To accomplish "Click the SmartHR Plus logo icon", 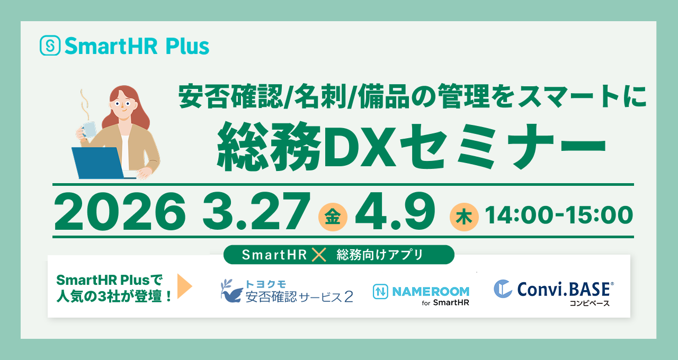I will [50, 46].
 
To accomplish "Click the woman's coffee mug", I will [88, 129].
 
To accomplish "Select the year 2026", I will [120, 211].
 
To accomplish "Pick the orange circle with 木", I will [463, 217].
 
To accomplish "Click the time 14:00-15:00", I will [558, 215].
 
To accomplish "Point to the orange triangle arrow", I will [184, 286].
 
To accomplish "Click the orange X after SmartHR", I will [319, 255].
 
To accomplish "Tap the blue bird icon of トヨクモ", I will [231, 291].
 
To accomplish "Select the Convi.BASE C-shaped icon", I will [503, 289].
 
